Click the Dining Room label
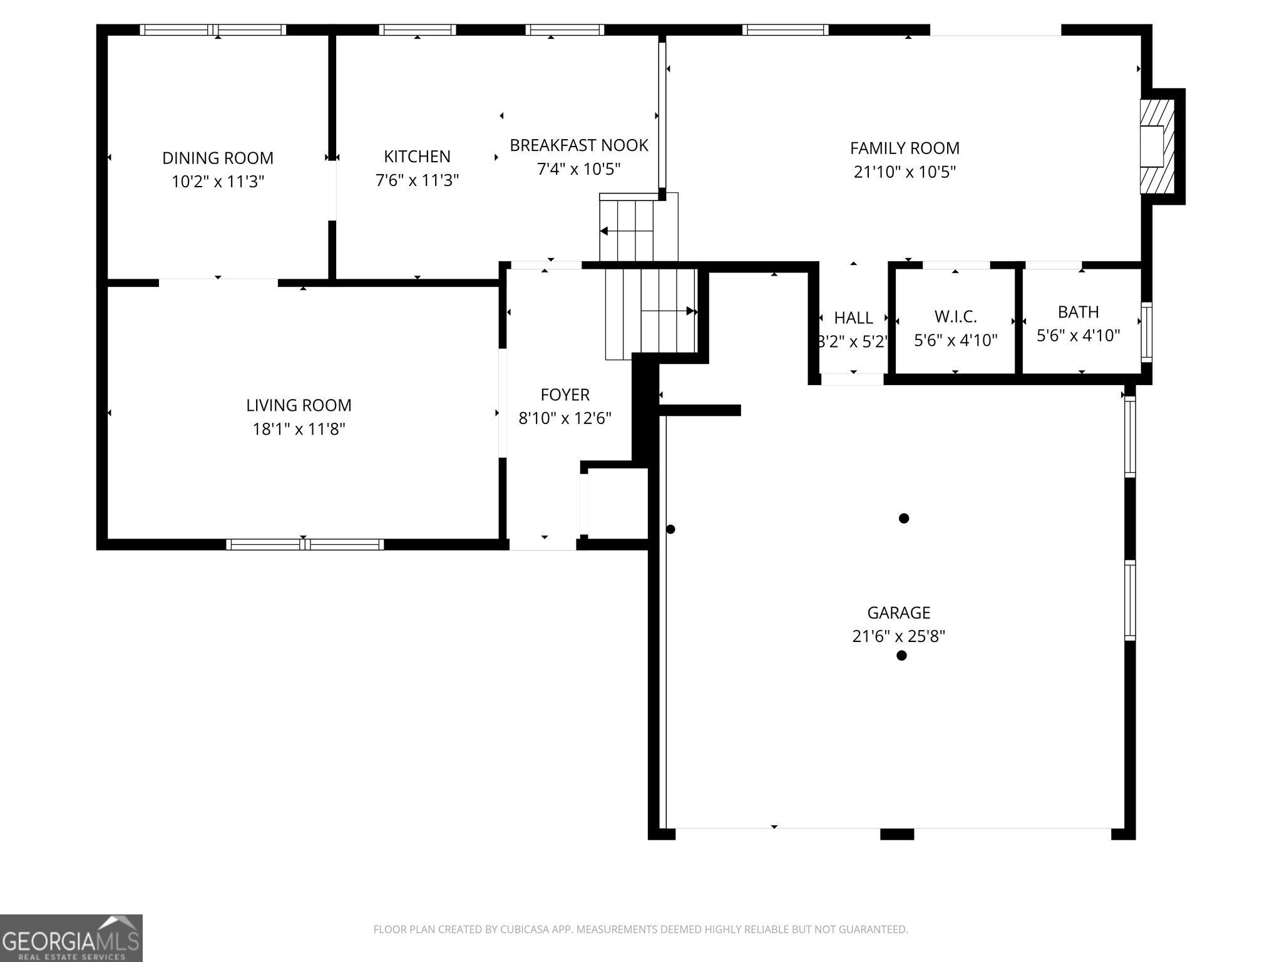click(218, 158)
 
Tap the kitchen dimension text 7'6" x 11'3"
click(417, 180)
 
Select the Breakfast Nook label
click(578, 145)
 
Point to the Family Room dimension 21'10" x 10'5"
click(905, 172)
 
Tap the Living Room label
click(299, 405)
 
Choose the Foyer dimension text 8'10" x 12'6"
click(565, 418)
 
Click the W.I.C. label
click(955, 316)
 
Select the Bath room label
click(1078, 312)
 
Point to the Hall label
click(853, 318)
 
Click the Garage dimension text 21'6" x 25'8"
click(898, 636)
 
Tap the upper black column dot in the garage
click(903, 518)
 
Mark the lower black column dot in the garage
click(901, 656)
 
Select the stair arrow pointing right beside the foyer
click(690, 311)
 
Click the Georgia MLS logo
click(71, 938)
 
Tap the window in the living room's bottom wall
click(305, 544)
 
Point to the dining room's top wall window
click(213, 29)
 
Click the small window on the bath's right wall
click(1146, 332)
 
